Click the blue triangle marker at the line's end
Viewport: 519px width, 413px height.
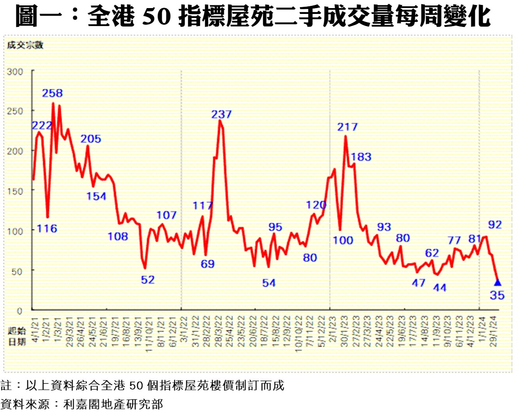[497, 283]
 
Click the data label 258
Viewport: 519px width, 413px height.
[53, 93]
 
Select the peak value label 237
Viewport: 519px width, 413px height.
[221, 114]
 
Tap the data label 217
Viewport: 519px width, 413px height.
[348, 127]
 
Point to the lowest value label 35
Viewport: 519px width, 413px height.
[497, 295]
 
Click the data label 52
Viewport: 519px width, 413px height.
[148, 280]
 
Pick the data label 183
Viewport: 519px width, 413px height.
[361, 157]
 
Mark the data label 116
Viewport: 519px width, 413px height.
[47, 229]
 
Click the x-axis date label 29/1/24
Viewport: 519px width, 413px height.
[493, 329]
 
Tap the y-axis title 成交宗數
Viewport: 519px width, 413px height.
[25, 44]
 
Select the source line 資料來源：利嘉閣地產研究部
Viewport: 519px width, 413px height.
[82, 404]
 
